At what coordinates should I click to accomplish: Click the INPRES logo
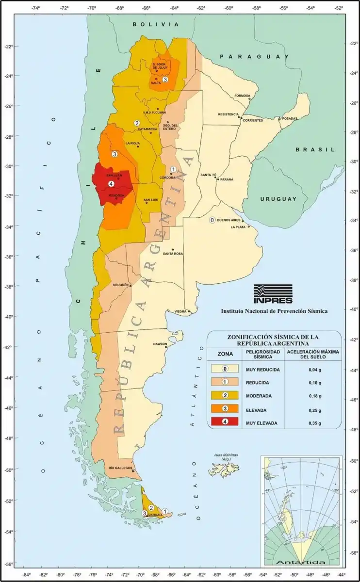273,293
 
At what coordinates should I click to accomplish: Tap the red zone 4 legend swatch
225,422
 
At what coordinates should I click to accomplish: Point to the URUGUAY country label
278,199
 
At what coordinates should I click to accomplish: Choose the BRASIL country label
315,150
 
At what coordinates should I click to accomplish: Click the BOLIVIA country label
156,24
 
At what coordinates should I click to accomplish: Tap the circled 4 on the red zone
111,183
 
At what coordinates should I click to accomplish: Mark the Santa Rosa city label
172,254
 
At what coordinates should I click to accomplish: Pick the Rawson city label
160,344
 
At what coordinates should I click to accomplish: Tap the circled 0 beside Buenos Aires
212,220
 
